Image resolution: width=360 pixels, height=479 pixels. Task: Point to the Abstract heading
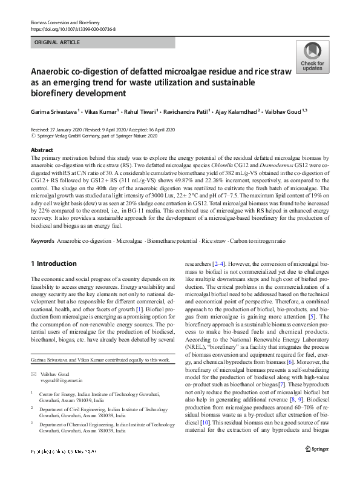pyautogui.click(x=42, y=150)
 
